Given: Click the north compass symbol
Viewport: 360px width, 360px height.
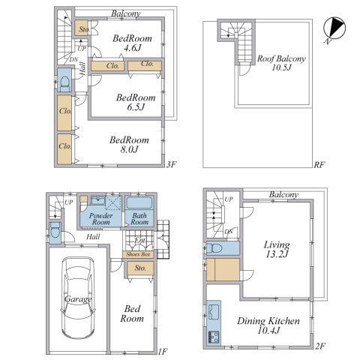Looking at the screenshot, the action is coord(334,28).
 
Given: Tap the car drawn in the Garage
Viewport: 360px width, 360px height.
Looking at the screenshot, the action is coord(78,298).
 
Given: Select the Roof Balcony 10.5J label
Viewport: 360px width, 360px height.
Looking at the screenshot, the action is coord(281,62).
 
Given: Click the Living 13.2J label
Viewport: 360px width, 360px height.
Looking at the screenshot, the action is coord(277,249).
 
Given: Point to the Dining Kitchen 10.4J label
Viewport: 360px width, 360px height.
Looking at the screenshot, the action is coord(268,325).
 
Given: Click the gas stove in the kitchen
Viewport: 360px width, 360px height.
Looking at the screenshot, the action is coord(214,337).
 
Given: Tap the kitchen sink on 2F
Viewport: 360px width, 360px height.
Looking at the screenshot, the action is coord(214,311).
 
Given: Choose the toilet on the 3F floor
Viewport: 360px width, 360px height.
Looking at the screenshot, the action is coord(65,83).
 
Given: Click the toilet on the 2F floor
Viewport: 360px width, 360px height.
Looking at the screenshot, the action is coord(217,248).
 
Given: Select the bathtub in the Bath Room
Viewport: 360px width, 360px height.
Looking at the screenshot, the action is coord(139,202).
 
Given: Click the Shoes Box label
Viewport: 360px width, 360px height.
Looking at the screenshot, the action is coord(138,254).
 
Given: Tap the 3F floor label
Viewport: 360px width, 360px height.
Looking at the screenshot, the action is coord(172,164).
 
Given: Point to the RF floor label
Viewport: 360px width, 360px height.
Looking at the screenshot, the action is coord(319,165).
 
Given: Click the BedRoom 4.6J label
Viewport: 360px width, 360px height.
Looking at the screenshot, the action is coord(132,43).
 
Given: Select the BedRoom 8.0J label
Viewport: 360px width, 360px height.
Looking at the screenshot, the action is coord(129,145).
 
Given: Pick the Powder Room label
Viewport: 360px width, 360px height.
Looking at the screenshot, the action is coord(101,219).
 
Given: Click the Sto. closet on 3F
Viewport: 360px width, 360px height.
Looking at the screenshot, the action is coord(81,28).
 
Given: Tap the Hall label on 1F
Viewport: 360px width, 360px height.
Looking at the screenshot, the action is coord(93,236).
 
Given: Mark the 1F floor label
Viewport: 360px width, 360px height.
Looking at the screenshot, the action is coord(163,352).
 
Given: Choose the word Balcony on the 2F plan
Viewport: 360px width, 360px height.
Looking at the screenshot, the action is coord(283,195).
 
